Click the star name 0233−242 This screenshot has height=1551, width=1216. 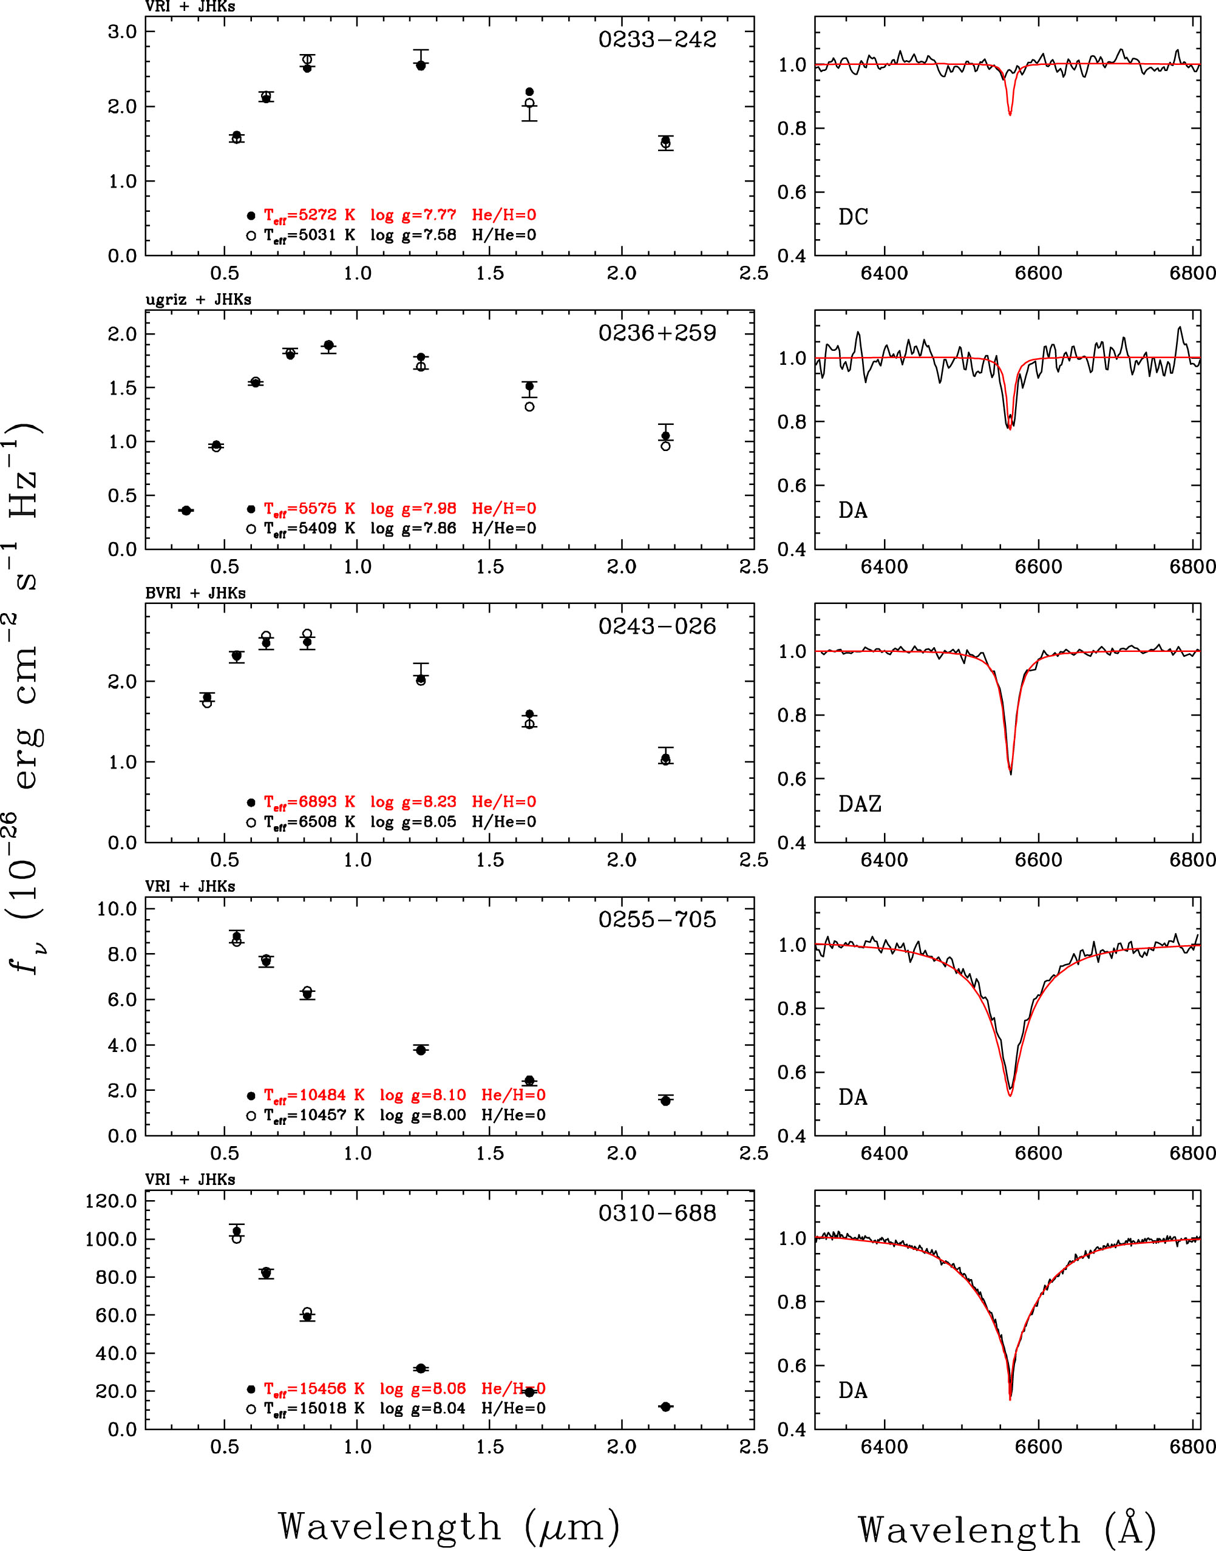[656, 39]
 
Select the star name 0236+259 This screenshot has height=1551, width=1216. [656, 333]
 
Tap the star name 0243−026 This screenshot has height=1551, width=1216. [656, 626]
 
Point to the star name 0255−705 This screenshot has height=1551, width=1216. [656, 919]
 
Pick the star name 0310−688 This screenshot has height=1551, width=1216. [656, 1212]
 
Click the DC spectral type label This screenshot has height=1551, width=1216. [853, 216]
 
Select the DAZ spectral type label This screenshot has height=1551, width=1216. [860, 804]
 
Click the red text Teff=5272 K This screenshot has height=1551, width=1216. [310, 215]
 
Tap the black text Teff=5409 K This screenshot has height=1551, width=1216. [310, 528]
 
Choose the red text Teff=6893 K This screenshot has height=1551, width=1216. [310, 802]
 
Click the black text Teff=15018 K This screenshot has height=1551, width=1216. [314, 1408]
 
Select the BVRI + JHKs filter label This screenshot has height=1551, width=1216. [195, 593]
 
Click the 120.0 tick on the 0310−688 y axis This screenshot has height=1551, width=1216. [110, 1201]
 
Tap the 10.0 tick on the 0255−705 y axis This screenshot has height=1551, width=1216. [117, 908]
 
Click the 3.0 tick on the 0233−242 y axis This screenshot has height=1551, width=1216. [122, 32]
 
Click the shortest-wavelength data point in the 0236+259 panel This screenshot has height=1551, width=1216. [186, 511]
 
